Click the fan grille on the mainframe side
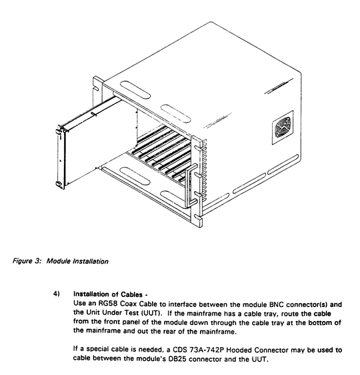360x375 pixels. (283, 128)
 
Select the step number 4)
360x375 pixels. (56, 294)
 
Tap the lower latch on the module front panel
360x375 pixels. (59, 184)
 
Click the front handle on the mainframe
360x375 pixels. (191, 185)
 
